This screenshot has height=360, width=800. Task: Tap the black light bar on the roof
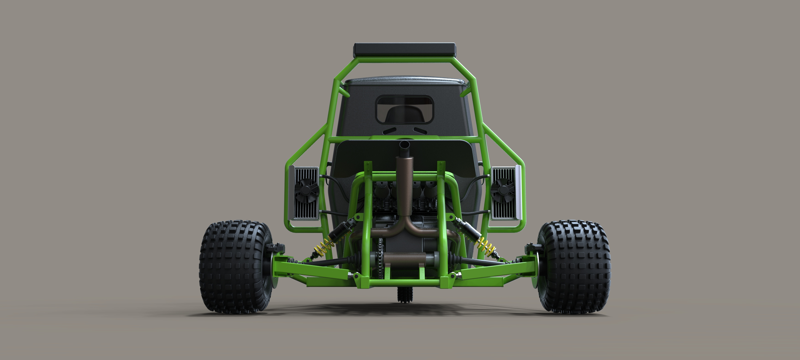405,49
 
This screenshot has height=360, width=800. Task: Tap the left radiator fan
307,190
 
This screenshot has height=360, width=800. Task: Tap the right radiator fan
503,190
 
